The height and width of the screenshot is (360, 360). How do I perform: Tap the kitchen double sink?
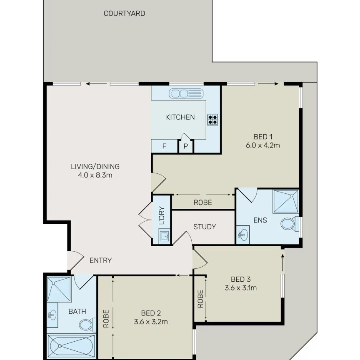coord(185,93)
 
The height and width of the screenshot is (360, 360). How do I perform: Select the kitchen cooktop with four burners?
coord(212,120)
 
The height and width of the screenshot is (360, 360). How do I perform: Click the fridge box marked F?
coord(164,146)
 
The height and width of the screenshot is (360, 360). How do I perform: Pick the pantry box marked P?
coord(186,147)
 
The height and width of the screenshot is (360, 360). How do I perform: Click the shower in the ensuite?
coord(286,202)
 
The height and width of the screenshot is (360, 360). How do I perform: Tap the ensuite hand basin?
coord(242,235)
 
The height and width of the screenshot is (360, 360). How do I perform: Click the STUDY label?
coord(205,227)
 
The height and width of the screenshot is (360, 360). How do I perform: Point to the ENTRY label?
coord(100,261)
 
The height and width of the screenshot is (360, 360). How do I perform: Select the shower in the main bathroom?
coord(59,290)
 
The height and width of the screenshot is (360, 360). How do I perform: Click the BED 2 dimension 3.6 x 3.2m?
coord(151,322)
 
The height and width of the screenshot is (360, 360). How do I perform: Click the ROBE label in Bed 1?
coord(203,203)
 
